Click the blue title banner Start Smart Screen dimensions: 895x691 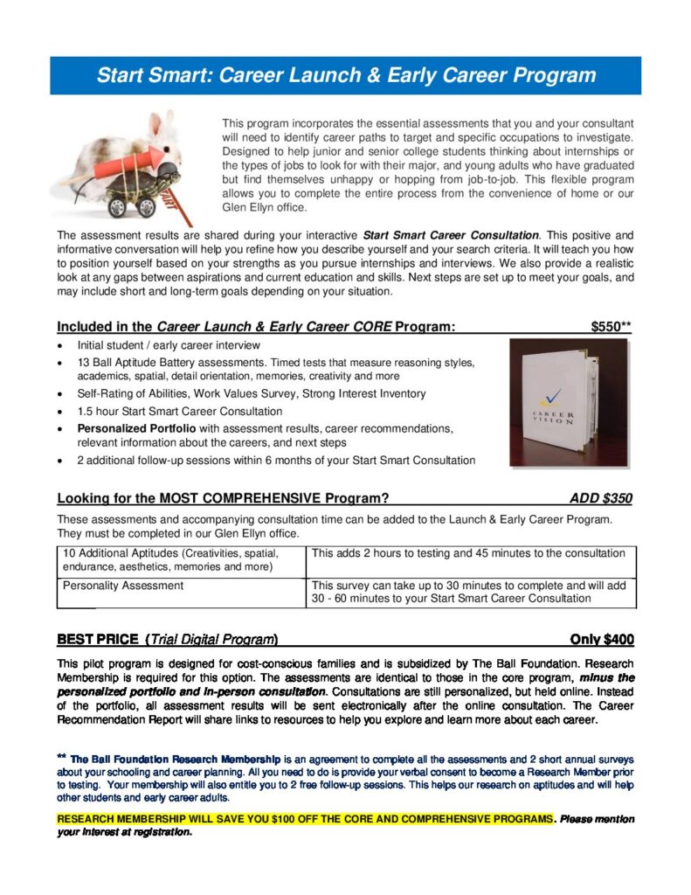(x=346, y=75)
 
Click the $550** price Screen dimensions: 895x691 (x=611, y=327)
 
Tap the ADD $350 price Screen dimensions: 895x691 (x=600, y=499)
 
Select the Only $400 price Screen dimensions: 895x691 (x=602, y=639)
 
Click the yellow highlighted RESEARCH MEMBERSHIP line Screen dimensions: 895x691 (x=306, y=819)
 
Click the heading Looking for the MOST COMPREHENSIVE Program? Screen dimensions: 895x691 (x=223, y=499)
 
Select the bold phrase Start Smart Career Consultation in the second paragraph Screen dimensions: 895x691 (x=451, y=235)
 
